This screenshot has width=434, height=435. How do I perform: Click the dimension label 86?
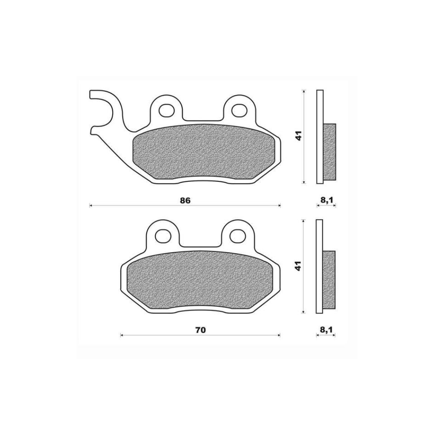click(x=185, y=201)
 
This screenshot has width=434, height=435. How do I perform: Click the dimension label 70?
click(x=200, y=331)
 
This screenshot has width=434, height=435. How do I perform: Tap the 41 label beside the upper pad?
click(x=299, y=136)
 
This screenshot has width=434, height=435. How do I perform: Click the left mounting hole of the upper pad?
click(x=166, y=110)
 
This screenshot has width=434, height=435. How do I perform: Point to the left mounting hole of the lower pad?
click(x=163, y=236)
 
